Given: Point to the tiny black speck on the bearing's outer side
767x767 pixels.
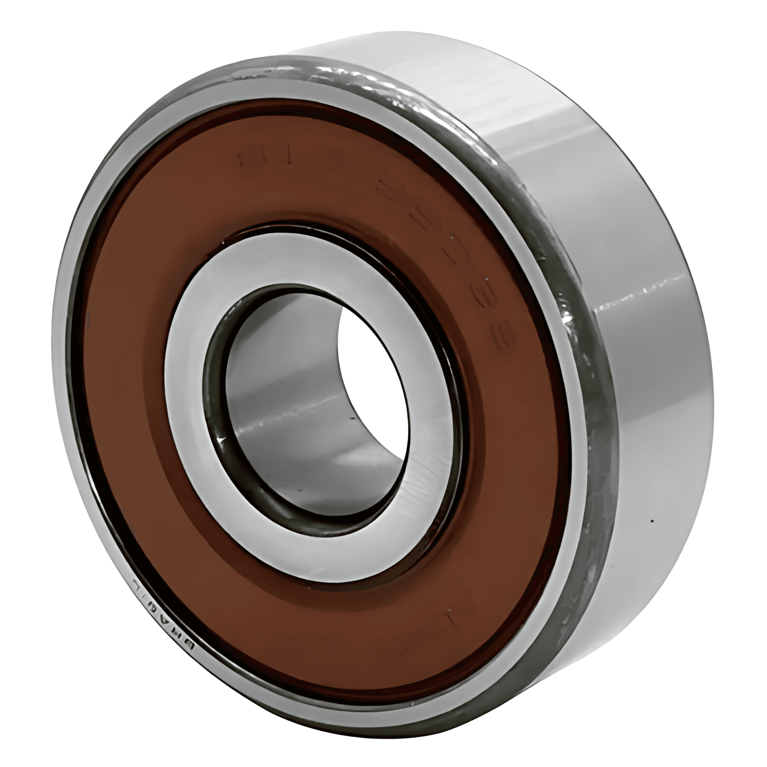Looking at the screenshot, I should point(652,521).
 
